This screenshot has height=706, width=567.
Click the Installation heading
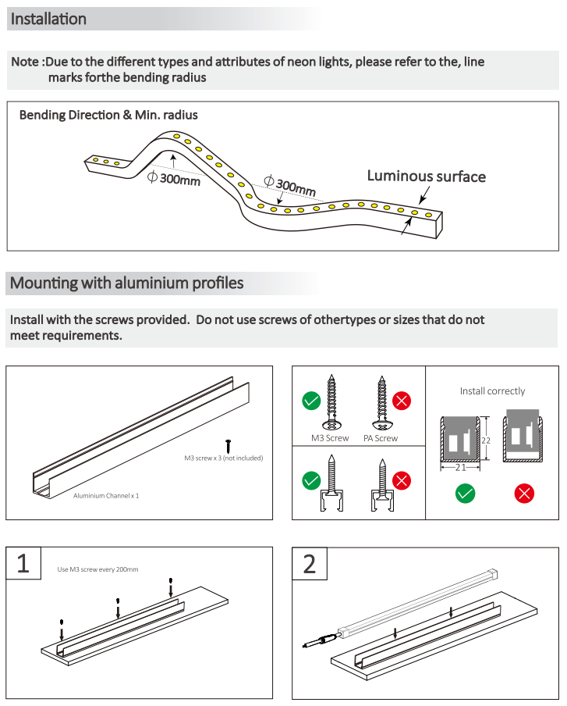tap(48, 19)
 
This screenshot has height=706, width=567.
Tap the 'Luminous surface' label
tap(426, 176)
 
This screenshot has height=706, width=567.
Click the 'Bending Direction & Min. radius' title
tap(108, 115)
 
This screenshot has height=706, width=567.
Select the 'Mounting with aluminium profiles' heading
tap(126, 283)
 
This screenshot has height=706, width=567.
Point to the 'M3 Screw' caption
tap(330, 438)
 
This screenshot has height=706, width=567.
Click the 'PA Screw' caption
tap(381, 438)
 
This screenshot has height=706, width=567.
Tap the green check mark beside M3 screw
tap(311, 401)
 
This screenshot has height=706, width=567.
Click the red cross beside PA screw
tap(402, 401)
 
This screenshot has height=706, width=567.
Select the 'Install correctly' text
tap(492, 390)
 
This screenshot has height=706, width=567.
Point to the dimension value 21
tap(460, 468)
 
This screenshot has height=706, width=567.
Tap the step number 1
tap(23, 564)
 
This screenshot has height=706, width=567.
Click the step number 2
tap(309, 564)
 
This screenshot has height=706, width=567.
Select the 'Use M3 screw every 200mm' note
tap(98, 569)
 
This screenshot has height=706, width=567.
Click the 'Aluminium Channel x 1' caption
tap(106, 495)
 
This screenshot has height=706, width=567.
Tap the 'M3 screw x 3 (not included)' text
tap(223, 458)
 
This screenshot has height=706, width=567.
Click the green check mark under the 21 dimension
tap(465, 493)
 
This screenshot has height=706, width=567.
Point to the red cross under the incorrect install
tap(525, 493)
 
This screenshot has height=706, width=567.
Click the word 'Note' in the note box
tap(26, 62)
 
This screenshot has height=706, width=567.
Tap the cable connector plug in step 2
tap(321, 642)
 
